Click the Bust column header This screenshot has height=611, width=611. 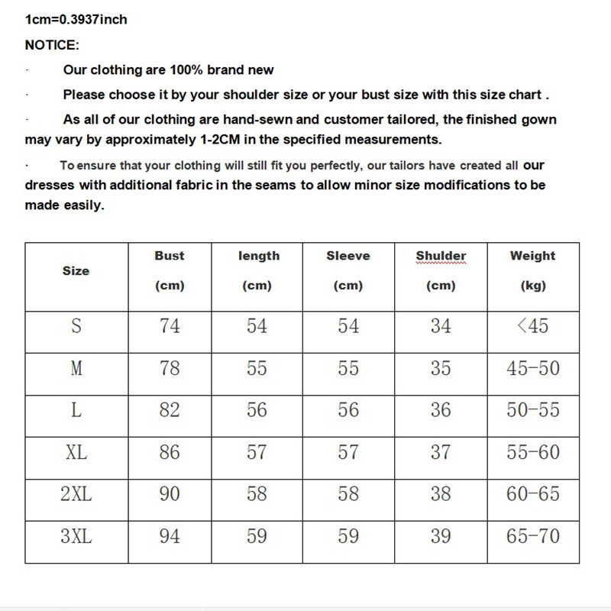pos(170,256)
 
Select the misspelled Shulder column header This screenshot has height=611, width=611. pos(441,256)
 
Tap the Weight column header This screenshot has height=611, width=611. pos(532,256)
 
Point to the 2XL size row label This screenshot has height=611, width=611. pos(76,494)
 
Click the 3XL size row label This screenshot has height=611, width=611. pos(76,536)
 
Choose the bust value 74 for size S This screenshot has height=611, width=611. pos(170,326)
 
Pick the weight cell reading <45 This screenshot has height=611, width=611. pos(532,326)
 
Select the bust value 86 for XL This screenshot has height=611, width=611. pos(170,452)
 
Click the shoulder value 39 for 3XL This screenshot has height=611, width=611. pos(441,536)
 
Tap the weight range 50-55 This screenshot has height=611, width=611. pos(532,410)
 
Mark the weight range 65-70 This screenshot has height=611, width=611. pos(532,536)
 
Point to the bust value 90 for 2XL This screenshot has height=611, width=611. pos(170,494)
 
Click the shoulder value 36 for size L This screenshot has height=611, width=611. pos(441,410)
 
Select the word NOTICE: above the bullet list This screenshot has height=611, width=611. pos(52,45)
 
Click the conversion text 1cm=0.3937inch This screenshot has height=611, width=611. pos(76,19)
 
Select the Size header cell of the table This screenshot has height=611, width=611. pos(76,271)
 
